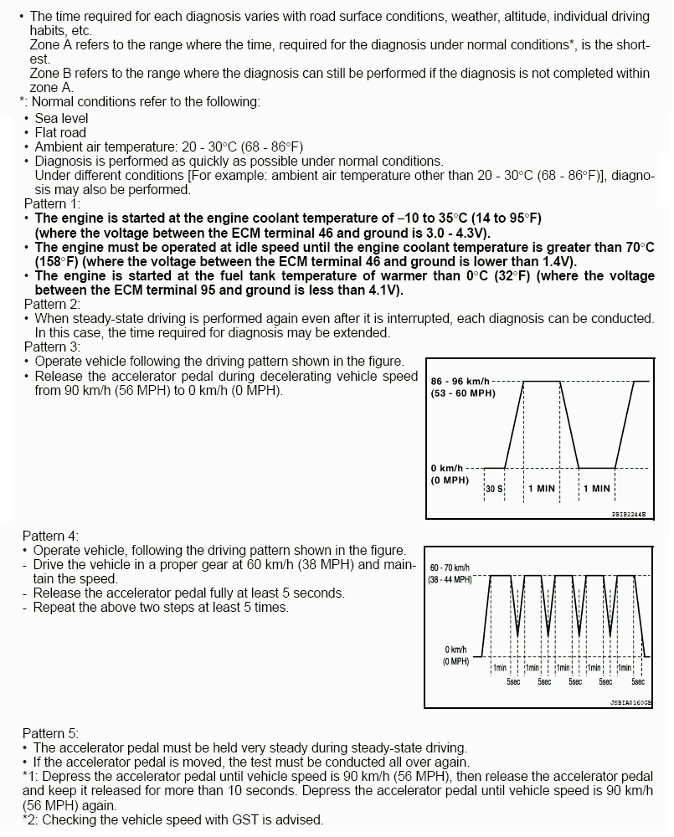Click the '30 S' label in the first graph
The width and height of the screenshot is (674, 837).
(x=494, y=488)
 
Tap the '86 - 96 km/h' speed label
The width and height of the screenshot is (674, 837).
(x=460, y=381)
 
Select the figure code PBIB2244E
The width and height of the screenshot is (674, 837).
(x=629, y=515)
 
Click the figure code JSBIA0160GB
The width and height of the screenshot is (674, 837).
(x=630, y=703)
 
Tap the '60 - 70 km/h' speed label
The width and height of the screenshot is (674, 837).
(x=450, y=567)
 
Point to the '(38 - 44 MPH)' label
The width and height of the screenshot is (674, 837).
(x=450, y=579)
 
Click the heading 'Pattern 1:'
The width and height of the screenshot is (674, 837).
(x=52, y=203)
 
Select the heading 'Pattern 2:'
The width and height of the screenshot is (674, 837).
(x=52, y=304)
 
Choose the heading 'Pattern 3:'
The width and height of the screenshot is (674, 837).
(x=52, y=347)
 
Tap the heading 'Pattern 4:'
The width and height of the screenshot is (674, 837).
(x=50, y=536)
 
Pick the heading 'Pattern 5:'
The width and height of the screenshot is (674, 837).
(x=50, y=733)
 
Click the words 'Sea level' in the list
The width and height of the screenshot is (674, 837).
(x=61, y=118)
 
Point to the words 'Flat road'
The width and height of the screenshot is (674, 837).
(x=60, y=132)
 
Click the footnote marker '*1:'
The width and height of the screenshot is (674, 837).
(x=31, y=776)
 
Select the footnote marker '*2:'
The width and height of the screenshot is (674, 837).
(x=31, y=819)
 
